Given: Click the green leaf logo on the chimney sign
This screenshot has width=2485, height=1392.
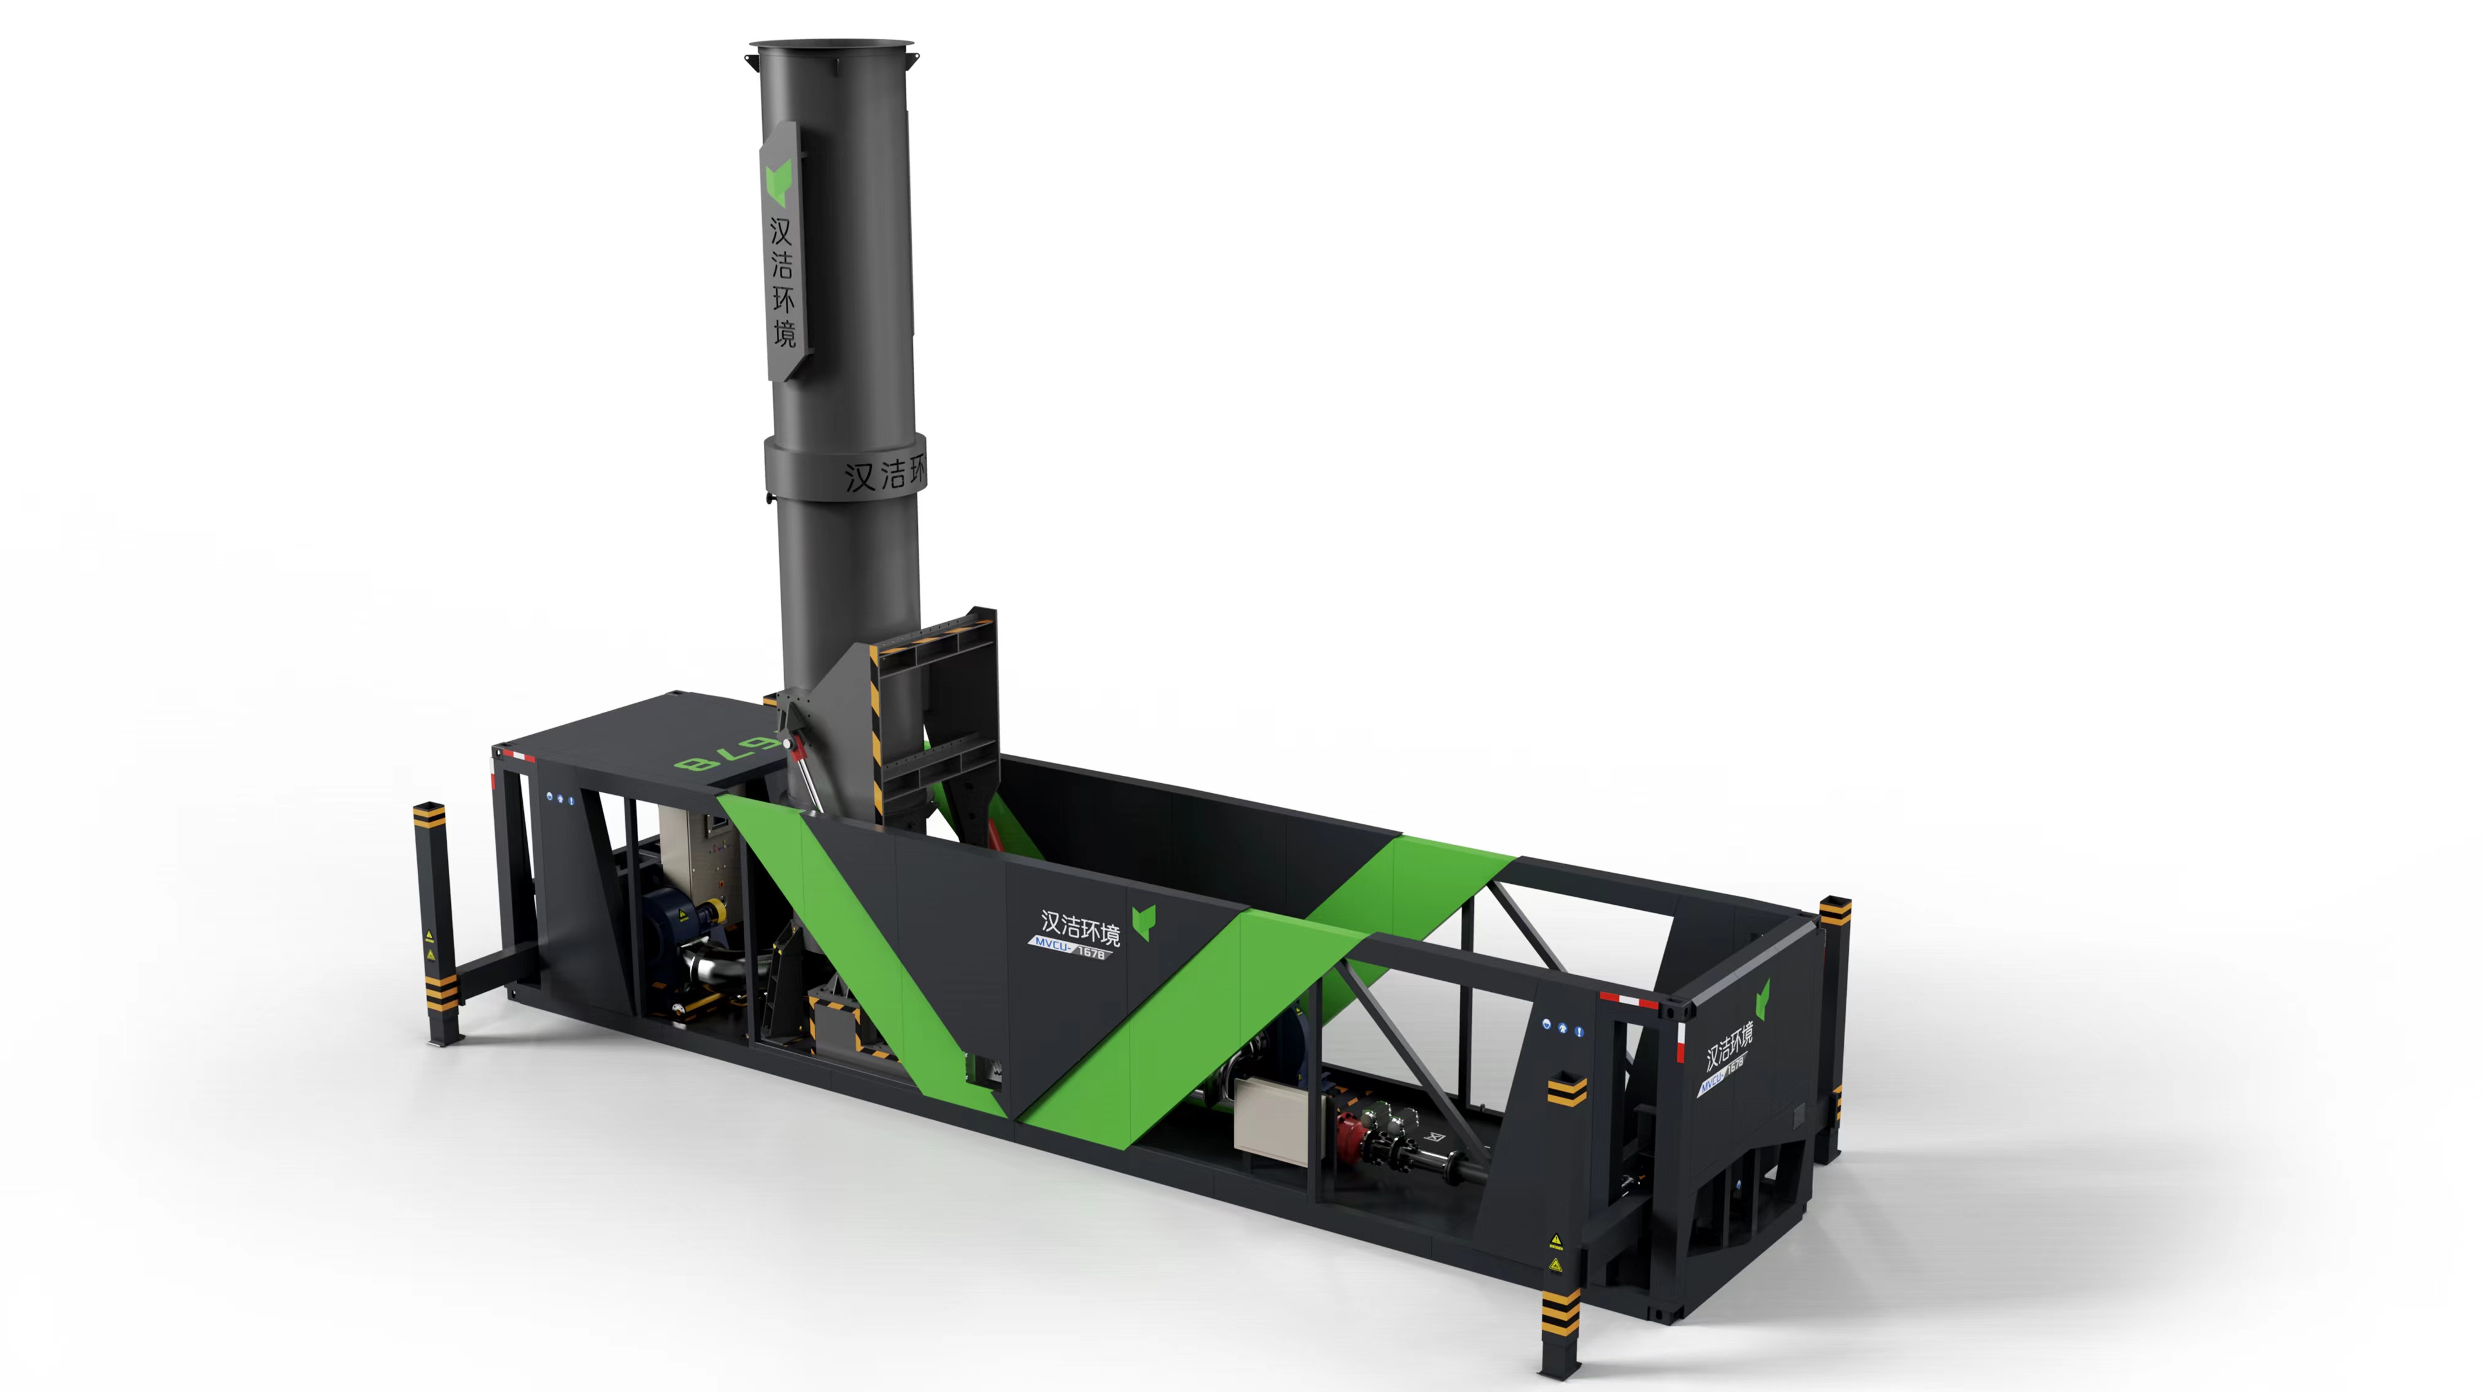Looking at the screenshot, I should [777, 184].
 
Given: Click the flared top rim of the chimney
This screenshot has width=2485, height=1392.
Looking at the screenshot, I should [831, 45].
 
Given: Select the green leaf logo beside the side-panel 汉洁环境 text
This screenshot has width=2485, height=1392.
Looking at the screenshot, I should [1144, 921].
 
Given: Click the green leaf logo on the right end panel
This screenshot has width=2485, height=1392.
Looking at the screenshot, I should [1762, 999].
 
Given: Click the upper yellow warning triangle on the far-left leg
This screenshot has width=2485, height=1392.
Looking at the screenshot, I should [430, 936].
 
